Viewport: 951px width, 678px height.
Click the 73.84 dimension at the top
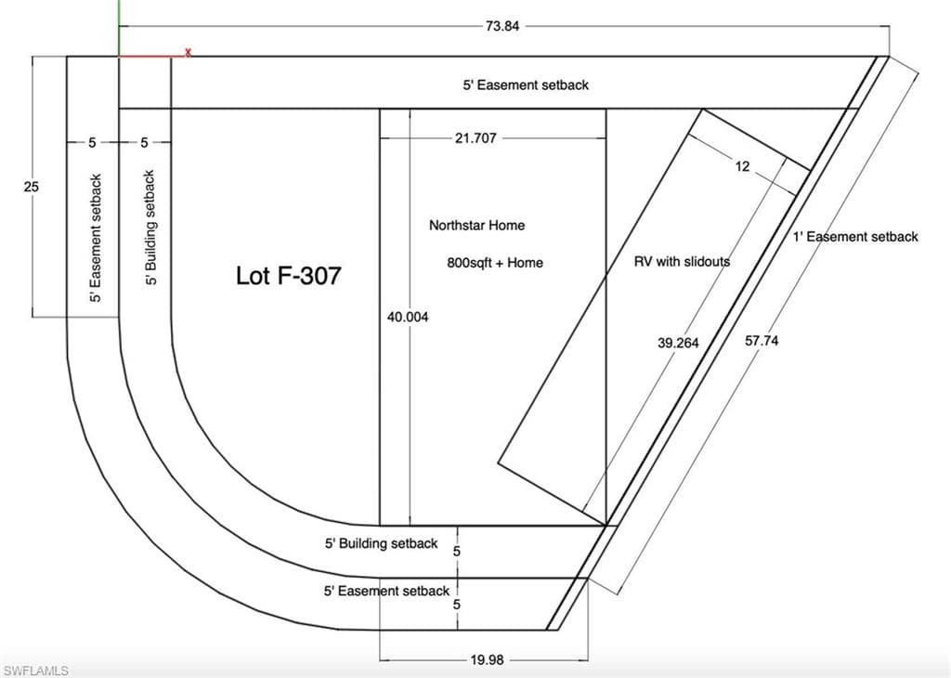coord(502,26)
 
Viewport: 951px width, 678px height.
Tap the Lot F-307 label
coord(288,276)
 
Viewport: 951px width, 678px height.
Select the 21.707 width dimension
coord(475,138)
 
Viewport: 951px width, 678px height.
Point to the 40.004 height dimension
coord(408,317)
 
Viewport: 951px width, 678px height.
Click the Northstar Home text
coord(476,226)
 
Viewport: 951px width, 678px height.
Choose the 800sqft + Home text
coord(495,263)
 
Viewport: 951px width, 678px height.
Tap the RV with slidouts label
coord(682,261)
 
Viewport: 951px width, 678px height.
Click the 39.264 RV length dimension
coord(678,343)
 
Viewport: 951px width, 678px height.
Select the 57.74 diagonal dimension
coord(762,341)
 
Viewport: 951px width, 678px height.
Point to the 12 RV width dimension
coord(742,166)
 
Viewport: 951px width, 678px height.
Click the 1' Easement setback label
coord(855,237)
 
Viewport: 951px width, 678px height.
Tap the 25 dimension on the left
coord(31,186)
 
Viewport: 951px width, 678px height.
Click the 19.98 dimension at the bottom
coord(487,659)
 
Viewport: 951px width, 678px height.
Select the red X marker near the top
coord(188,53)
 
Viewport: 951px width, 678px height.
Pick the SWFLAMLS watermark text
coord(35,671)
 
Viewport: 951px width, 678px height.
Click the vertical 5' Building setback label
coord(150,228)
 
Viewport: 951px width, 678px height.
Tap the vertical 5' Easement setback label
coord(96,239)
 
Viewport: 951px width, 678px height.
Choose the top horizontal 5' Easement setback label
coord(526,85)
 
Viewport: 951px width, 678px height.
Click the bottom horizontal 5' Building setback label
coord(381,543)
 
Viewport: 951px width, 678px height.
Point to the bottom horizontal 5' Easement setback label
coord(386,591)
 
